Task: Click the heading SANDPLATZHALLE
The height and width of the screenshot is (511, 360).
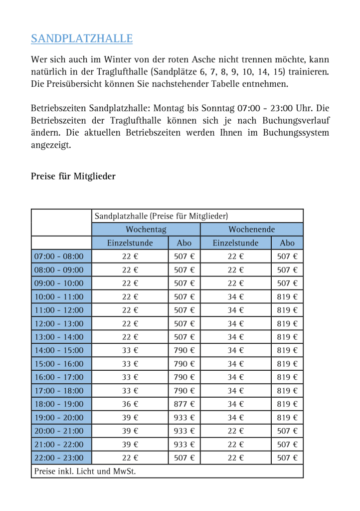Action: click(x=82, y=38)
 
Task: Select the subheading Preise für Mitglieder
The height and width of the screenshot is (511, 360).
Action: click(x=73, y=176)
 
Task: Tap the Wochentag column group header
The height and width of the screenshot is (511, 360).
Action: click(x=146, y=230)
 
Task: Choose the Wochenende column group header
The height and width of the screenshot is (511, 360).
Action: click(x=251, y=230)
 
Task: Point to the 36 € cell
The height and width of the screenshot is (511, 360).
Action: click(x=130, y=404)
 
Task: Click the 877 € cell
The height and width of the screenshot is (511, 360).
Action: click(x=184, y=404)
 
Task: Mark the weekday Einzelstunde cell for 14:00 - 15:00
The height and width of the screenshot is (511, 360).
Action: click(x=130, y=350)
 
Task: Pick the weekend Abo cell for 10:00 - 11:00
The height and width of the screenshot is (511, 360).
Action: click(x=287, y=296)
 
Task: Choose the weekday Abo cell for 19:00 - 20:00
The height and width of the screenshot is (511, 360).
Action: click(x=184, y=417)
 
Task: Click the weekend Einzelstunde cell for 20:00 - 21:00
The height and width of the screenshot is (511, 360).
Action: click(x=235, y=431)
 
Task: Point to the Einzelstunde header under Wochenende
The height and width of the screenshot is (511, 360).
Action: click(x=235, y=243)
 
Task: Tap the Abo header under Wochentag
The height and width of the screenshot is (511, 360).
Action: click(x=184, y=243)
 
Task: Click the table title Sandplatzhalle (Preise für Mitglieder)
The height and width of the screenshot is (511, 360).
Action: click(x=161, y=216)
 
